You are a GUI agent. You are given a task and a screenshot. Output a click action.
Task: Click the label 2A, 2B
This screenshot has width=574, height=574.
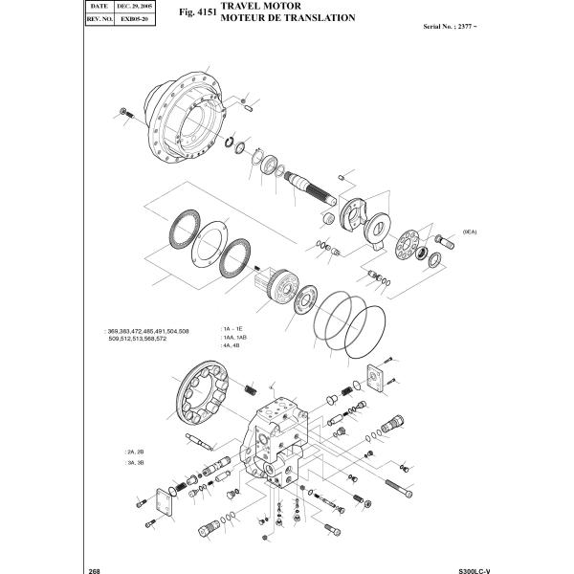pos(134,451)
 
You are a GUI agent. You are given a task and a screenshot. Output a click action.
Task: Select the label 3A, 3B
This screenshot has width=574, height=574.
pos(134,462)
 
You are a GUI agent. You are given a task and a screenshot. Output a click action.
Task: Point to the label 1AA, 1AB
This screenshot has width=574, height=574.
pos(235,338)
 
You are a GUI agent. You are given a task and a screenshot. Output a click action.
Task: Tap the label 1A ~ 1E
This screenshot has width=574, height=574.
pos(232,328)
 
